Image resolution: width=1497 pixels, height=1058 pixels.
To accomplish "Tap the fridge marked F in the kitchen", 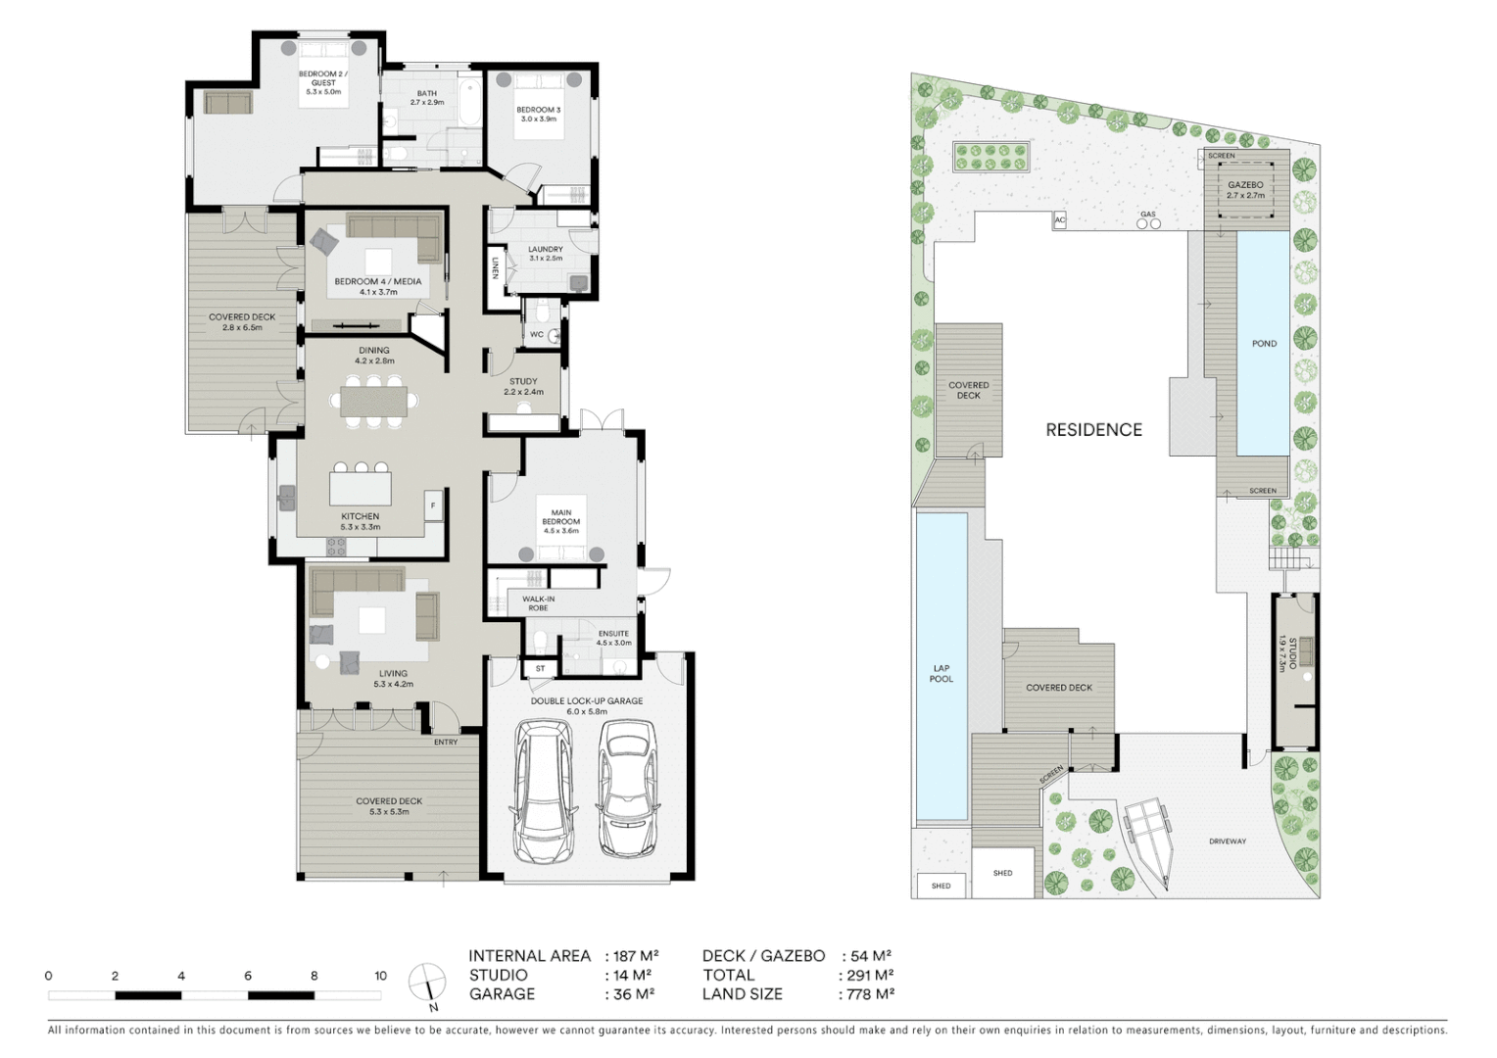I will pyautogui.click(x=433, y=505).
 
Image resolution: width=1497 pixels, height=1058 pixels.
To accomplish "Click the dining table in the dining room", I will pyautogui.click(x=374, y=402).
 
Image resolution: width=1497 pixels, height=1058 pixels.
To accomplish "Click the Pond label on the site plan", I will pyautogui.click(x=1264, y=344).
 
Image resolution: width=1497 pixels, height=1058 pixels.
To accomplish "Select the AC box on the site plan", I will pyautogui.click(x=1059, y=220).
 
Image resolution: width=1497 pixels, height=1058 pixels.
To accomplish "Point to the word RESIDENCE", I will pyautogui.click(x=1093, y=430).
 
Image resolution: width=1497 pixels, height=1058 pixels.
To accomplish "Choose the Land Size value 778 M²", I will pyautogui.click(x=870, y=994).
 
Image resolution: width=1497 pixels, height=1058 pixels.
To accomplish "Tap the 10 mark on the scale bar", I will pyautogui.click(x=380, y=976).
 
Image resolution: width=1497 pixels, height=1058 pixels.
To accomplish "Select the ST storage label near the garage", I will pyautogui.click(x=540, y=669).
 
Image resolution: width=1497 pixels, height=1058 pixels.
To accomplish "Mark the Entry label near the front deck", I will pyautogui.click(x=446, y=742).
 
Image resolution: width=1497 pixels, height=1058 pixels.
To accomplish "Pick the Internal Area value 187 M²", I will pyautogui.click(x=636, y=956).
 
